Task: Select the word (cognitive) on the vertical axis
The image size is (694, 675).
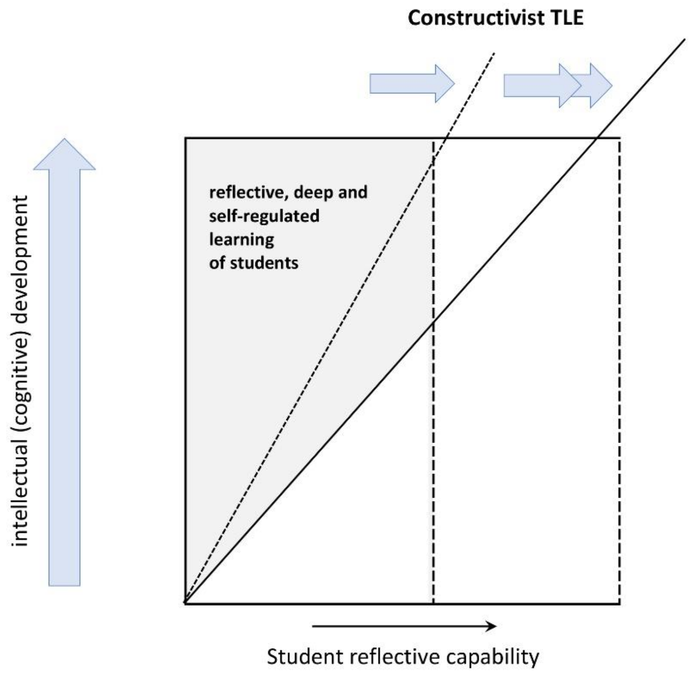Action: (x=21, y=376)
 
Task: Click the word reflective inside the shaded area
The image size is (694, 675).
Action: (x=248, y=193)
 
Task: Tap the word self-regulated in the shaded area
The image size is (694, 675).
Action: (x=264, y=216)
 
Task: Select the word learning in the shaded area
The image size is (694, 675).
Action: (x=242, y=240)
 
